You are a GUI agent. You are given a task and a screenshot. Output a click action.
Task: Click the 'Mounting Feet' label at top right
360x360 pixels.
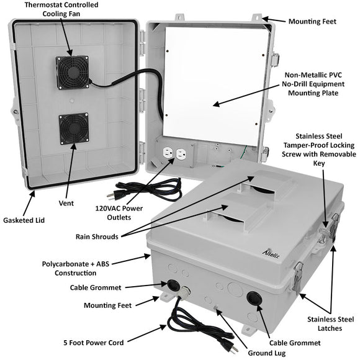point(312,21)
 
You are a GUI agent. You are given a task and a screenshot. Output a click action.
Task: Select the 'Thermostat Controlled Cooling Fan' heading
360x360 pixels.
point(70,9)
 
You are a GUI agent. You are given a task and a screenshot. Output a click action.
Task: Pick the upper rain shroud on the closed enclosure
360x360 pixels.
point(266,181)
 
